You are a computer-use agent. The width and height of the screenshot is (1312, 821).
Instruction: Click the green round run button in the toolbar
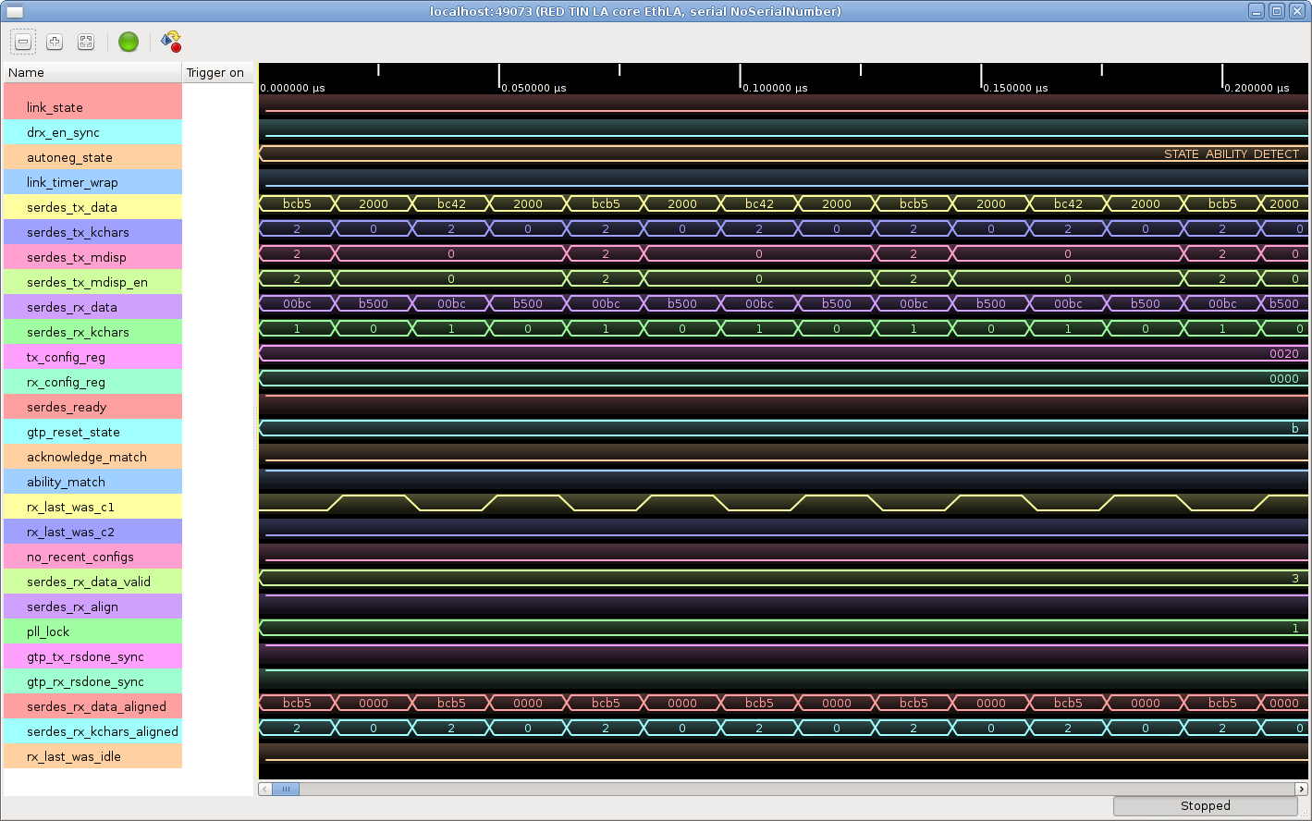(129, 42)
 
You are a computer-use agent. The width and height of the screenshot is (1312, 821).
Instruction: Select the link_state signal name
(55, 108)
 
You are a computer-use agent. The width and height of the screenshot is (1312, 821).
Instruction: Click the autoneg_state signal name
(69, 157)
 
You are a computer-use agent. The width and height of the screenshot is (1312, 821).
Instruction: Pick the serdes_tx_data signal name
(71, 207)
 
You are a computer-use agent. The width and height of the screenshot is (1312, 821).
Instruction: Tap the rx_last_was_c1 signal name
(70, 508)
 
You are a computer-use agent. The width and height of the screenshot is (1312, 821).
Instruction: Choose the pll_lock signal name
(48, 631)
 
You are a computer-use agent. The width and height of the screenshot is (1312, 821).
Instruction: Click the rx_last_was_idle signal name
(74, 756)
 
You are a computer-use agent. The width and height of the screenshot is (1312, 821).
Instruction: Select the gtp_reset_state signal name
(73, 432)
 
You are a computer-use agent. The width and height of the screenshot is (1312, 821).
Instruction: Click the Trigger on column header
(215, 73)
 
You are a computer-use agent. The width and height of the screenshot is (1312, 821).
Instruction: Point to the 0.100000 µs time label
(775, 88)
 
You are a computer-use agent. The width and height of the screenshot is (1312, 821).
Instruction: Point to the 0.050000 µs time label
(533, 88)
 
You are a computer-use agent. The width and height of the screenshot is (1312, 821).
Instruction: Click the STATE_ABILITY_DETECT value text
(1232, 154)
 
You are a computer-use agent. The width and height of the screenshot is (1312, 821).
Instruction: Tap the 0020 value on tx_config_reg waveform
(1284, 354)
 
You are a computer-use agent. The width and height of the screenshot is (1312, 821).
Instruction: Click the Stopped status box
(1206, 806)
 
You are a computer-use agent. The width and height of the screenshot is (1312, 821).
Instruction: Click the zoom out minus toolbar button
(23, 42)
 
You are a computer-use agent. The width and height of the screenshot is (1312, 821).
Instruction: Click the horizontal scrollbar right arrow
(1302, 789)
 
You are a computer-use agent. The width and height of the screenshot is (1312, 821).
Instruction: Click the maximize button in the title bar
(1277, 11)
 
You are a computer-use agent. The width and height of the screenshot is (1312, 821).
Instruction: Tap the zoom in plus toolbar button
(55, 42)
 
